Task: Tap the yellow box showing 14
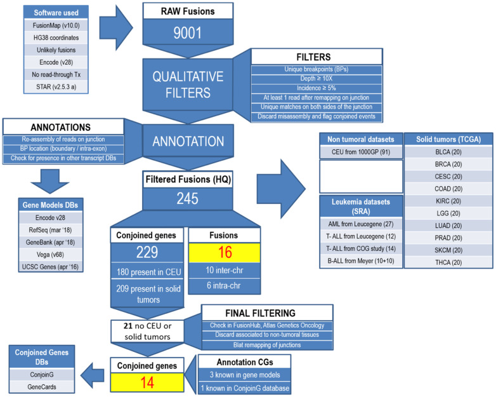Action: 148,382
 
